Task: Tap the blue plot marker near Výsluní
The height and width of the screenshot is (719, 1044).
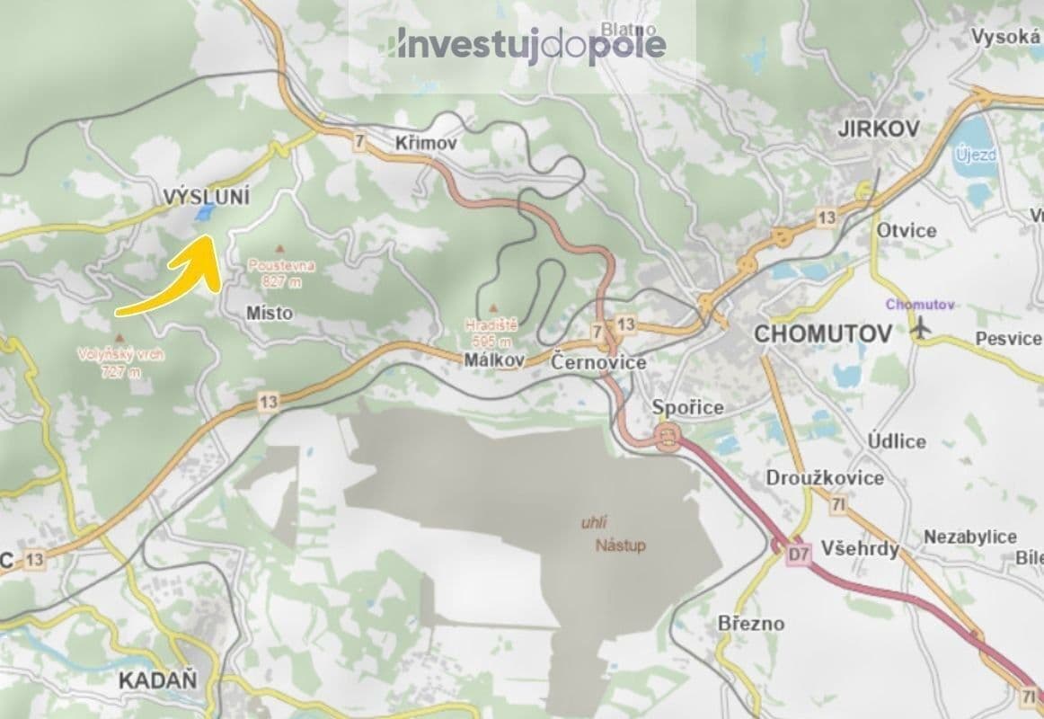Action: [204, 212]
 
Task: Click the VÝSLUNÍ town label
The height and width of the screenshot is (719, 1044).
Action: [207, 196]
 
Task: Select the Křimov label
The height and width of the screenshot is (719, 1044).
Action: [426, 143]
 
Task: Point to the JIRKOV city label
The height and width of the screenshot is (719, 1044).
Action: [878, 129]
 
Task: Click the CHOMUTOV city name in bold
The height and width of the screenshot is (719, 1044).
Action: [823, 334]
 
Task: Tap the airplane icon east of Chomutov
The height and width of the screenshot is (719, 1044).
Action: [920, 330]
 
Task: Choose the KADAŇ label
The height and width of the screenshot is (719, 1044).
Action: [157, 680]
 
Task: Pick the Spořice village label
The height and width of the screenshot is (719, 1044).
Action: [687, 407]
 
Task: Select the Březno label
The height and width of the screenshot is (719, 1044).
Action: [751, 623]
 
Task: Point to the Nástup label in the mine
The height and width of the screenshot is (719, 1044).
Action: [620, 546]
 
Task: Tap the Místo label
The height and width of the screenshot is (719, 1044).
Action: [269, 314]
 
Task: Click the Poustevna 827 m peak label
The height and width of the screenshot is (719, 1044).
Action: [281, 272]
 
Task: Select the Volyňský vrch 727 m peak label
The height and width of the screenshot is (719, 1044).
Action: [121, 361]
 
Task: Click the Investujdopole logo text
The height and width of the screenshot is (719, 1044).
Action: [529, 44]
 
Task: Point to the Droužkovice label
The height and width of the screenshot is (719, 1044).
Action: [824, 478]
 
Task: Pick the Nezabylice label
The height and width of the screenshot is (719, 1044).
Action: [970, 537]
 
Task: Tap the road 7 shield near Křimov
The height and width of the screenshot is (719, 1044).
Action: [360, 141]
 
